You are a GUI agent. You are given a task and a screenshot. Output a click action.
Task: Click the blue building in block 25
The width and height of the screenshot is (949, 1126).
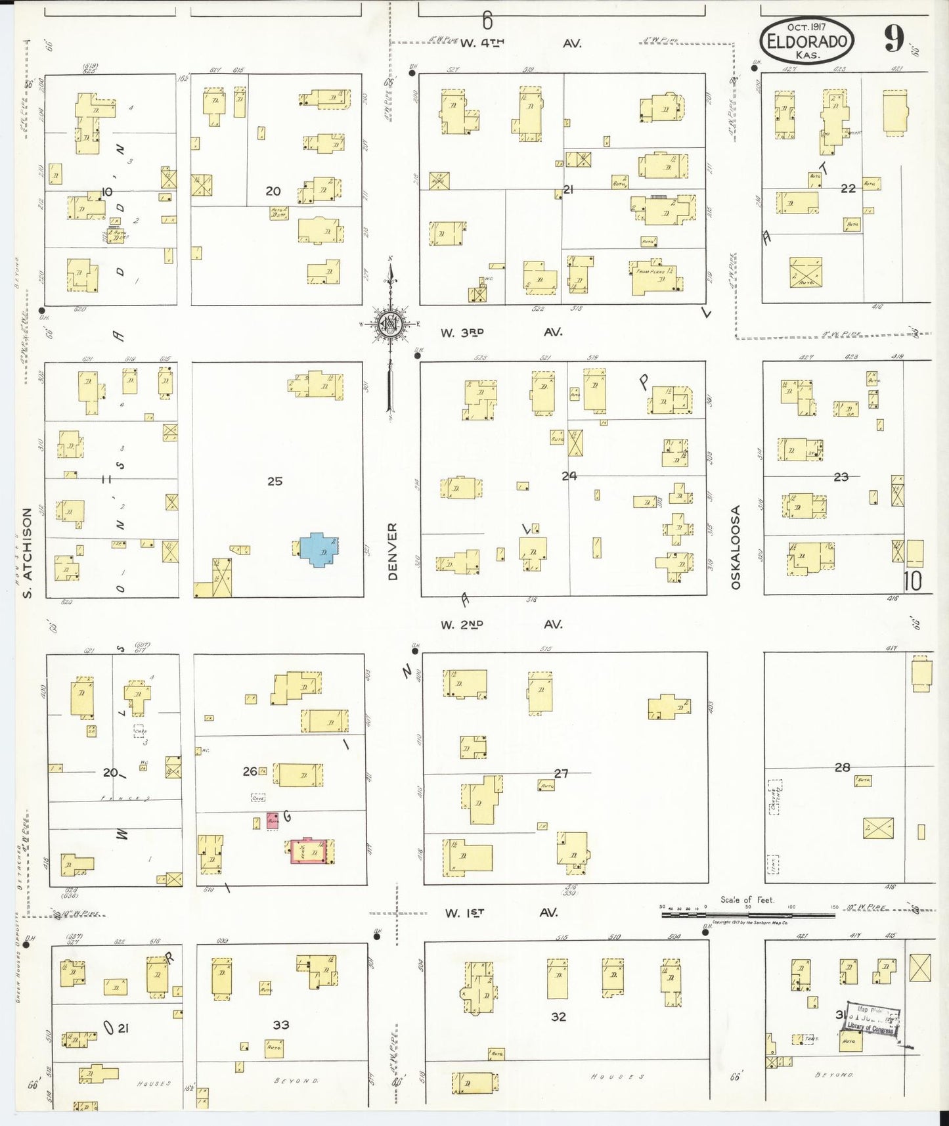pyautogui.click(x=319, y=549)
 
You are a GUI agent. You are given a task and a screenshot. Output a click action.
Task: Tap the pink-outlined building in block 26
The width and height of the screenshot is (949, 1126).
pyautogui.click(x=309, y=851)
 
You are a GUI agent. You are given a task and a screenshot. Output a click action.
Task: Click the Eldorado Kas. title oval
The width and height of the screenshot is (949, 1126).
pyautogui.click(x=807, y=41)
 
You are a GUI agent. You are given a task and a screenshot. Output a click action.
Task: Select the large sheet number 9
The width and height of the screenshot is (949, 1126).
pyautogui.click(x=893, y=39)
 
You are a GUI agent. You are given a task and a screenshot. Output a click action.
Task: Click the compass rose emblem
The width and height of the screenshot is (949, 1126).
pyautogui.click(x=389, y=324)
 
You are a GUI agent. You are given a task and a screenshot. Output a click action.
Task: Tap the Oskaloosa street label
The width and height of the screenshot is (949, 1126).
pyautogui.click(x=736, y=547)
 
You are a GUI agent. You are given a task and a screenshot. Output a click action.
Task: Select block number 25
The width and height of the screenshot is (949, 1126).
pyautogui.click(x=275, y=481)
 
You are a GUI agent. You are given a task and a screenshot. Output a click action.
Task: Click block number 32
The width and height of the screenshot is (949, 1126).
pyautogui.click(x=558, y=1016)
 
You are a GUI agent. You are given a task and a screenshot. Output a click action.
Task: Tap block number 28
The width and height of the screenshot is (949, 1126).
pyautogui.click(x=842, y=767)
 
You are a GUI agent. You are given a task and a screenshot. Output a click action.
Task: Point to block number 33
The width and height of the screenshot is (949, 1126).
pyautogui.click(x=281, y=1024)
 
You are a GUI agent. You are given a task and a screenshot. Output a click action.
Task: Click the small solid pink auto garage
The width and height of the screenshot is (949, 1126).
pyautogui.click(x=273, y=821)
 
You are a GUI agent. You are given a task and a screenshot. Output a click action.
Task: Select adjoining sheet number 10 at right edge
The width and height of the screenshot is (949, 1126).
pyautogui.click(x=912, y=581)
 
